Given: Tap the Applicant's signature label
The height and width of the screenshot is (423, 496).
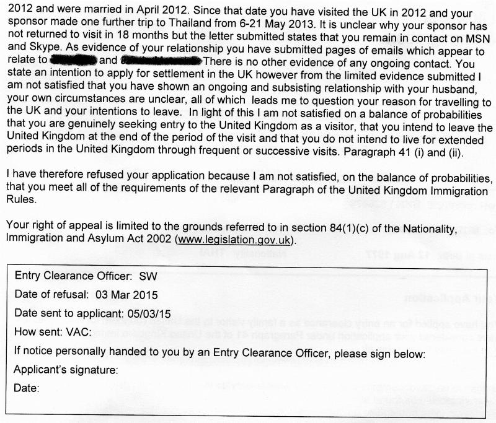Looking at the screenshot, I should [65, 370].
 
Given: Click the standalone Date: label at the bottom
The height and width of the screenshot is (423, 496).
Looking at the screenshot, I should [26, 389].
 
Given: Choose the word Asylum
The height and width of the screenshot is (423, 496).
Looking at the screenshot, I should [99, 237].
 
